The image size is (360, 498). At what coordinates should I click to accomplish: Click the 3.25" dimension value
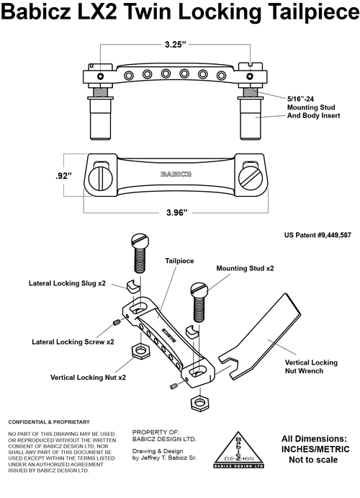pos(175,44)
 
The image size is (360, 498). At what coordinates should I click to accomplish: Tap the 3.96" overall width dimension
pos(177,212)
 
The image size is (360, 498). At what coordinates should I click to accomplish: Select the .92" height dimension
pos(63,176)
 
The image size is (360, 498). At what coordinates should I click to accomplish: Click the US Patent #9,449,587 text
pos(318,235)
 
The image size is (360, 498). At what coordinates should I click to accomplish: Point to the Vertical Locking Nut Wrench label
pos(311,367)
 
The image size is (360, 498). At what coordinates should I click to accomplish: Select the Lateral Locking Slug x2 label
pos(67,283)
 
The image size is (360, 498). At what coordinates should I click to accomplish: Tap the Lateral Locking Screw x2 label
pos(73,342)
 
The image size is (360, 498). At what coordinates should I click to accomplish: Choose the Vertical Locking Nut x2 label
pos(88,378)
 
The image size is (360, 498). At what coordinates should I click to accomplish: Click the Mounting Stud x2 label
pos(246,268)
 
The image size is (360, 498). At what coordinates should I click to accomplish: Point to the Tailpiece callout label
pos(179,261)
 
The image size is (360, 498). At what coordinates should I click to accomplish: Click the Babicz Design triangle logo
pos(238,450)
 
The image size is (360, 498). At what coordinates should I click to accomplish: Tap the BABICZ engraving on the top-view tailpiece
pos(176,174)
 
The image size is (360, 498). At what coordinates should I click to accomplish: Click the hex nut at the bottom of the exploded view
pos(199,404)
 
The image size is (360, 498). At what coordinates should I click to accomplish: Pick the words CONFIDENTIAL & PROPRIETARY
pos(49,422)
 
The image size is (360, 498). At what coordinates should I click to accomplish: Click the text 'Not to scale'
pos(313,460)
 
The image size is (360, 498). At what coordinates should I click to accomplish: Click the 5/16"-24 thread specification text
pos(301,99)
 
